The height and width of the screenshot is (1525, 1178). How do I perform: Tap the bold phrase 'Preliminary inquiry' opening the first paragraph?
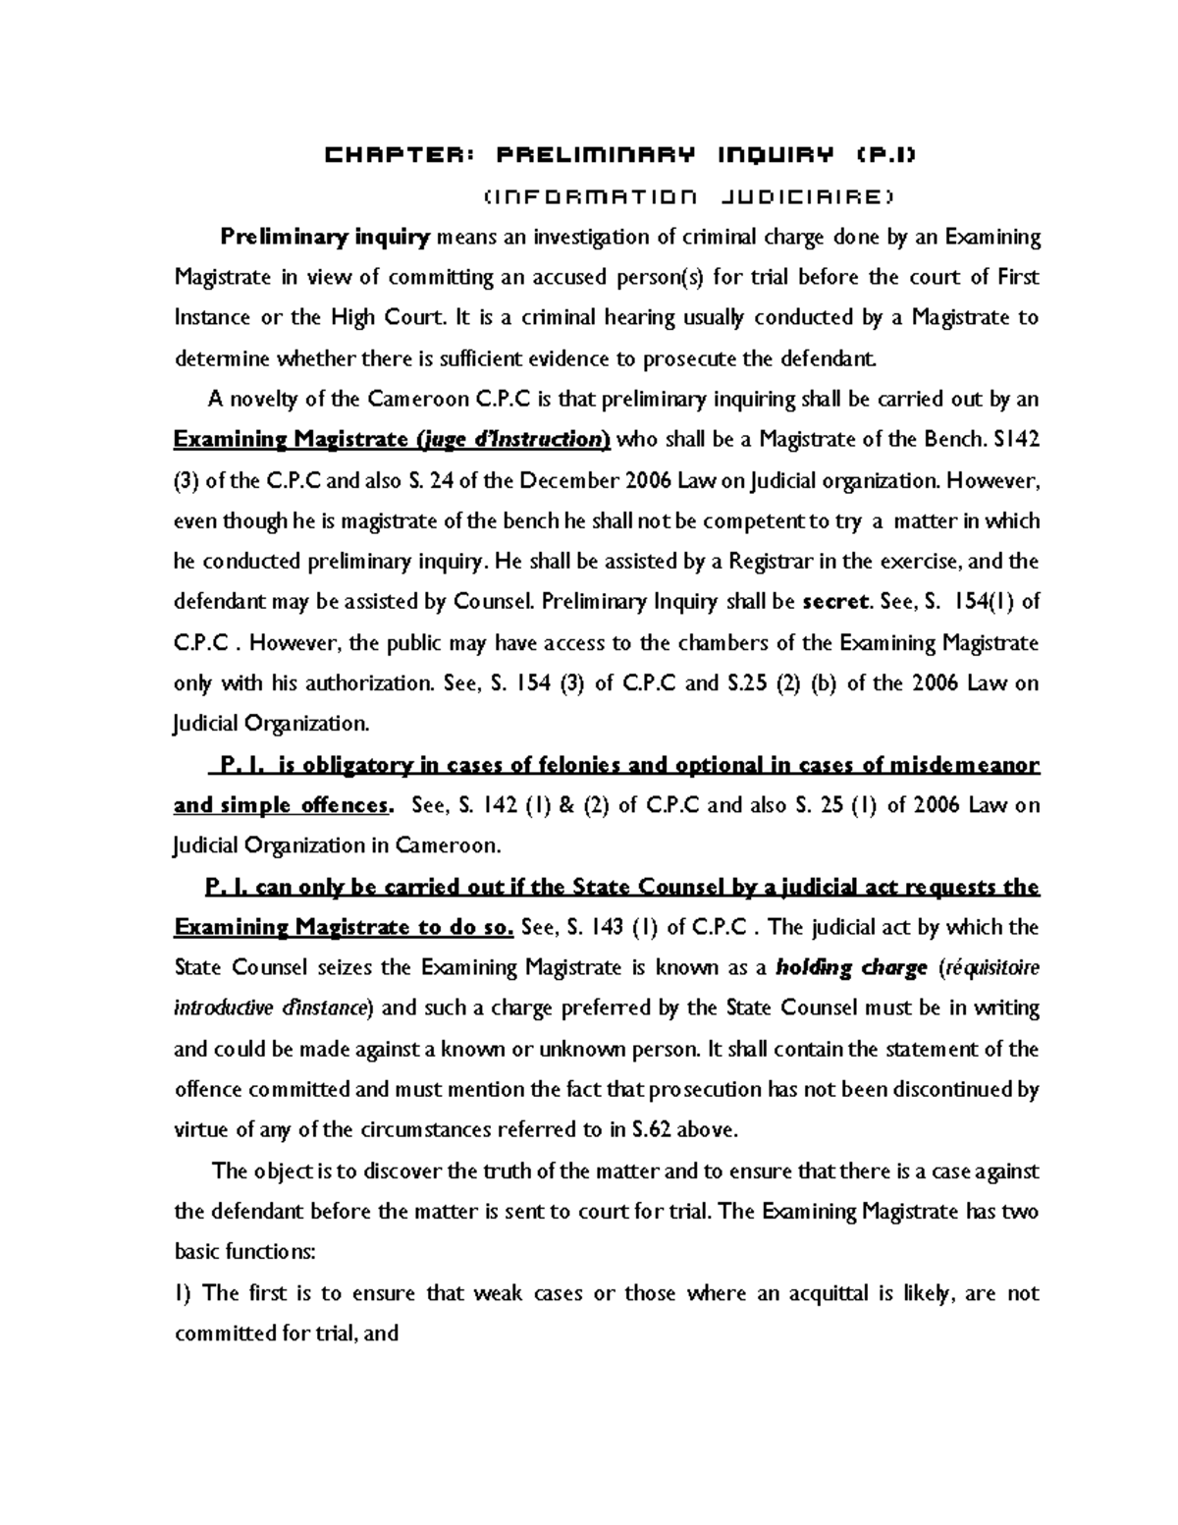[x=325, y=237]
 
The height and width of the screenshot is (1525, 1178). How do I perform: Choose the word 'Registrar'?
[x=771, y=562]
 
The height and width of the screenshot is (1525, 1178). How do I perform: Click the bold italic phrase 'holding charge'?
[x=851, y=968]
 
